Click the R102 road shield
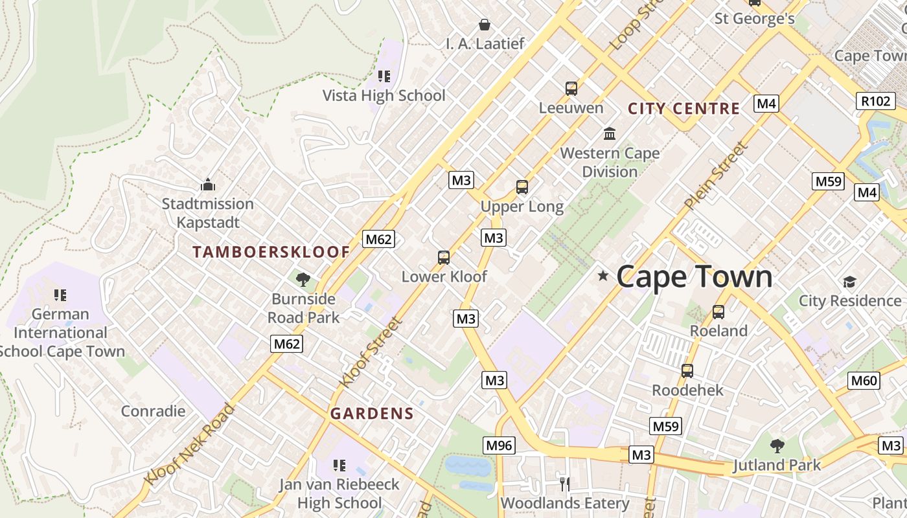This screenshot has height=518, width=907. pos(877,101)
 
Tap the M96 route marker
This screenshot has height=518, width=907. pos(499,445)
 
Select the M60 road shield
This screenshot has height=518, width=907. pos(864,380)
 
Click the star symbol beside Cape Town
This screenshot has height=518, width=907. pos(603,276)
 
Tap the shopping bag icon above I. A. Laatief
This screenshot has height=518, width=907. pos(484,25)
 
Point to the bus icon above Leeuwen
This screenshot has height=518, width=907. pos(571,89)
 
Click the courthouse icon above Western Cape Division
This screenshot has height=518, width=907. pos(610,134)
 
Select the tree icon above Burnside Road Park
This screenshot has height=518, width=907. pos(303,280)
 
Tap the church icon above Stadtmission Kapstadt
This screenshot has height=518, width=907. pos(207,185)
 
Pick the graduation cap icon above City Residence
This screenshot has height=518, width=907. pos(849,282)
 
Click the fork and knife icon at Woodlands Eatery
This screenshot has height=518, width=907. pos(564,484)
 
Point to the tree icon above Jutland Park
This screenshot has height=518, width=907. pos(777,445)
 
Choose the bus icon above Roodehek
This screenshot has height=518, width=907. pos(687,371)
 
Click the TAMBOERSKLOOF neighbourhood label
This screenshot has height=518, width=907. pos(271,253)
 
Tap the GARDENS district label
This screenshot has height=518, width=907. pos(372,414)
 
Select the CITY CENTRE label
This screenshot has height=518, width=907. pos(683,109)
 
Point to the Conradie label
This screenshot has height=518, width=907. pos(153,411)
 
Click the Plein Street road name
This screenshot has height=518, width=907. pos(716,175)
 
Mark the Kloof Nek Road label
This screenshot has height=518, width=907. pos(189,444)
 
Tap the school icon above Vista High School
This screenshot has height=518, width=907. pos(384,76)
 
